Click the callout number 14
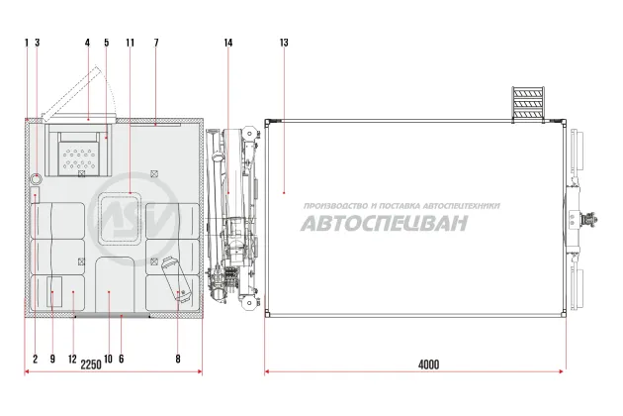pyautogui.click(x=228, y=43)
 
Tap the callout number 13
pyautogui.click(x=284, y=43)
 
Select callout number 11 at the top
pyautogui.click(x=130, y=43)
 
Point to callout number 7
pyautogui.click(x=156, y=43)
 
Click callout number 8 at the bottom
pyautogui.click(x=178, y=360)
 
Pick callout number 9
pyautogui.click(x=52, y=360)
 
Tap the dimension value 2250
pyautogui.click(x=91, y=364)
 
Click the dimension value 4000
pyautogui.click(x=429, y=364)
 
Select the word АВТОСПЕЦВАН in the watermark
pyautogui.click(x=384, y=223)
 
